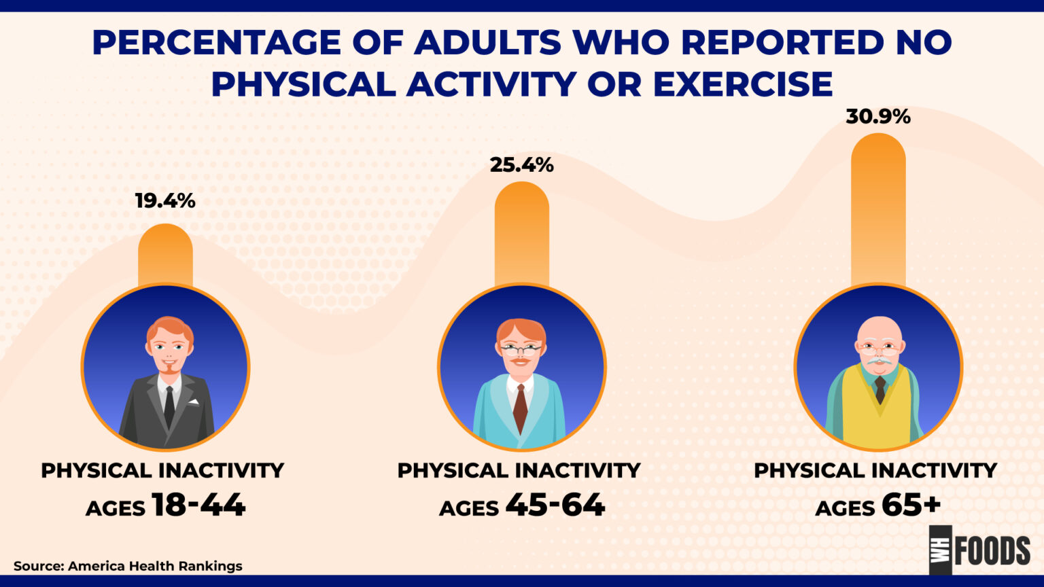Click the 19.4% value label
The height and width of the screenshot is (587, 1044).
(164, 201)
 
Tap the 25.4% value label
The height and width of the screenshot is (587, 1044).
(521, 165)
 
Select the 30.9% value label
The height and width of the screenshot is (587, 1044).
(877, 117)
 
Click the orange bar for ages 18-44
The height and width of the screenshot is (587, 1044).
(165, 255)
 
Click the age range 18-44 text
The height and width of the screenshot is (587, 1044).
(198, 505)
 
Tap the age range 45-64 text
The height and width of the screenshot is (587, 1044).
(555, 505)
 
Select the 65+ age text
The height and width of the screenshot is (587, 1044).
(911, 505)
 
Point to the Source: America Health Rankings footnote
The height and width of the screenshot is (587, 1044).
(128, 566)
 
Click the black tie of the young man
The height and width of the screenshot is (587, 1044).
(169, 406)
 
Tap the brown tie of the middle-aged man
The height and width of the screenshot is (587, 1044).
(520, 408)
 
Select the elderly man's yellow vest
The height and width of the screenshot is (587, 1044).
(878, 414)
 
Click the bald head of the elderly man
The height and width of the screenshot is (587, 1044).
(880, 327)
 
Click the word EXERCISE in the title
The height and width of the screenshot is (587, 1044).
(742, 85)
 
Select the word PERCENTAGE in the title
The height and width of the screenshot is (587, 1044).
(216, 43)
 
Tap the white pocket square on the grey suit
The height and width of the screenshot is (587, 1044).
(194, 402)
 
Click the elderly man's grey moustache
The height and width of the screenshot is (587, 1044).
(880, 361)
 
